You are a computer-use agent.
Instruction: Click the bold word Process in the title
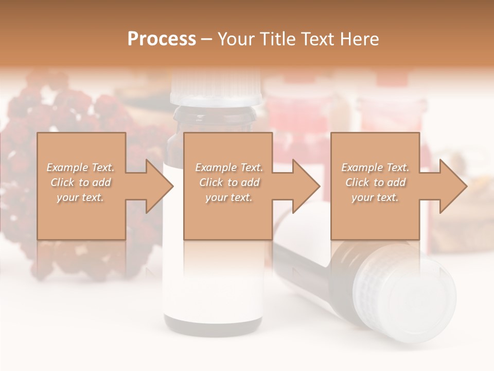[x=162, y=39]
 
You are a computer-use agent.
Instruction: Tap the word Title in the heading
[x=274, y=39]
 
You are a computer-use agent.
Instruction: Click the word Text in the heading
[x=316, y=39]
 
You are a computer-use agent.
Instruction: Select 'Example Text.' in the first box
[x=80, y=167]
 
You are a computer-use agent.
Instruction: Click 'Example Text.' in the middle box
[x=229, y=167]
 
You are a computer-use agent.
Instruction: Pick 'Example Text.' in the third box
[x=375, y=167]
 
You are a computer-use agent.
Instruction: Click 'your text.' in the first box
[x=80, y=197]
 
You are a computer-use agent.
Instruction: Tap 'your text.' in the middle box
[x=229, y=197]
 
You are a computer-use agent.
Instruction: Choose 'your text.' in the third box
[x=375, y=197]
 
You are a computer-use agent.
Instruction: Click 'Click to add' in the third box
[x=375, y=182]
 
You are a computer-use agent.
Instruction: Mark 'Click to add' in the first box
[x=80, y=182]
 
